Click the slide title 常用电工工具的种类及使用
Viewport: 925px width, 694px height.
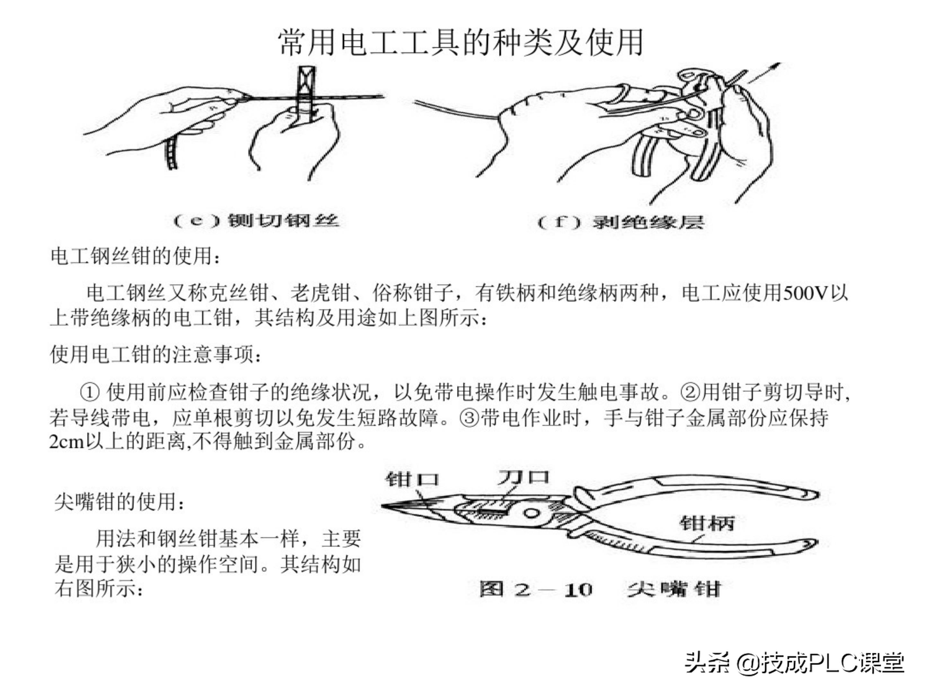[461, 43]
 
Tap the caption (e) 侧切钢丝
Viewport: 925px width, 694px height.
[256, 220]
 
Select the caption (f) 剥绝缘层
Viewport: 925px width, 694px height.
[621, 222]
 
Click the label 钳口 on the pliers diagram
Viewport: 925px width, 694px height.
[412, 479]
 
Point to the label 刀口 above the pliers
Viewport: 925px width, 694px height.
[523, 477]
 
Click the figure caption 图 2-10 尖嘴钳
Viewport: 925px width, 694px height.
[600, 590]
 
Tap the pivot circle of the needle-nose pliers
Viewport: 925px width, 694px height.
[531, 513]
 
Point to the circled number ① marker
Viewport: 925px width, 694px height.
[90, 392]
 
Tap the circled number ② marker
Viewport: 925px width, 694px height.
[691, 392]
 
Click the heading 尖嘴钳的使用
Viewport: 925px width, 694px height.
[119, 502]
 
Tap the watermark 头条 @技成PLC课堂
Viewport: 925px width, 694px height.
[795, 662]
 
